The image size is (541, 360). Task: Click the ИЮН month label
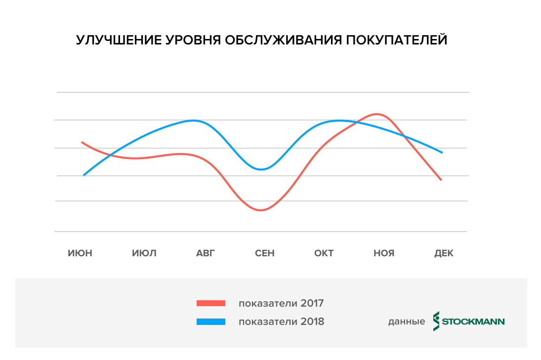pos(80,253)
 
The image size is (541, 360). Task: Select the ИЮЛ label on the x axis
pos(144,253)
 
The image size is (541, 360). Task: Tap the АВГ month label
pos(206,253)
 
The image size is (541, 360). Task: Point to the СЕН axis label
pos(265,253)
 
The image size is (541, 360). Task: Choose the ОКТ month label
pos(324,253)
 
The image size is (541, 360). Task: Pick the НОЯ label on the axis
pos(384,253)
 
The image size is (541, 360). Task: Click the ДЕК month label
pos(444,253)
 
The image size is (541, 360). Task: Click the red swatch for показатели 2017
pos(211,303)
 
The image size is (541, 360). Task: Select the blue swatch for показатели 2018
pos(211,321)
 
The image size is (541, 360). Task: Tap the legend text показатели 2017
pos(281,303)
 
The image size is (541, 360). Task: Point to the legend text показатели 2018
pos(281,321)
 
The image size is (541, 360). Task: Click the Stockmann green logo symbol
pos(436,321)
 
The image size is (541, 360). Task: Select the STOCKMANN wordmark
pos(473,321)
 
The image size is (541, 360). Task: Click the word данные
pos(406,322)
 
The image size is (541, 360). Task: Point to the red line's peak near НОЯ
pos(377,114)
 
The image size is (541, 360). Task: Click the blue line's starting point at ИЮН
pos(84,175)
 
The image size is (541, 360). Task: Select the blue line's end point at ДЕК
pos(442,152)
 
